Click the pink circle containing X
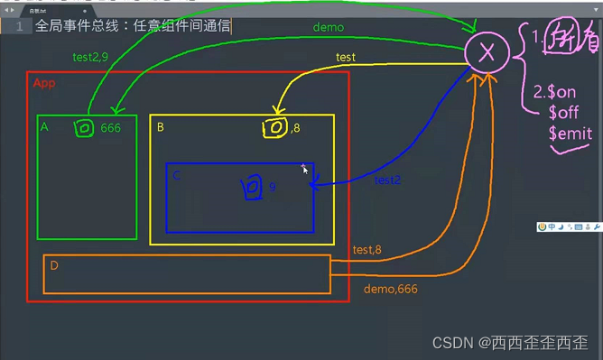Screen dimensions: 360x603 [487, 53]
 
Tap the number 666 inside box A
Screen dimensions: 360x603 [110, 128]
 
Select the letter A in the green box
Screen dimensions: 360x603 [43, 127]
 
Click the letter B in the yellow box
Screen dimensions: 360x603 [160, 127]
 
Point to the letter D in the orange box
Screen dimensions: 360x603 [54, 265]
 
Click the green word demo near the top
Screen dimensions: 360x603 [328, 27]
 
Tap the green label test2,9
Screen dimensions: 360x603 [90, 57]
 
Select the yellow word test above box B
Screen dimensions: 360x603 [345, 57]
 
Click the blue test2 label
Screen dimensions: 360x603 [387, 180]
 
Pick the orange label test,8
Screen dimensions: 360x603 [367, 250]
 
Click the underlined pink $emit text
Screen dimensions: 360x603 [570, 134]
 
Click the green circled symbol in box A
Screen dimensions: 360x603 [84, 128]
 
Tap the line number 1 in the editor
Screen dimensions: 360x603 [18, 26]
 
